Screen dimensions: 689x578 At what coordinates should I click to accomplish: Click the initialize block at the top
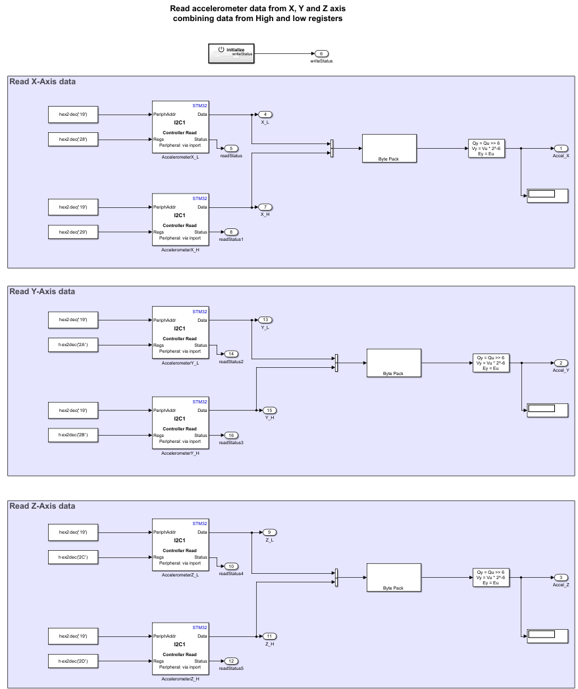[232, 53]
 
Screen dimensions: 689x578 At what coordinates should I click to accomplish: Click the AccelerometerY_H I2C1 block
[180, 422]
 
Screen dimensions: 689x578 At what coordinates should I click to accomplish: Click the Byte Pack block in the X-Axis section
[388, 148]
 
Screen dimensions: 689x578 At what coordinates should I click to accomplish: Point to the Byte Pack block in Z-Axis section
[393, 577]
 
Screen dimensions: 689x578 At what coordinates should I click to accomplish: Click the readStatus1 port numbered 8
[231, 232]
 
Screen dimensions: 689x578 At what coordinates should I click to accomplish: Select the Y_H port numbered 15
[269, 410]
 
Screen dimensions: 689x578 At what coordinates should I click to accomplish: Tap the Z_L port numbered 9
[269, 532]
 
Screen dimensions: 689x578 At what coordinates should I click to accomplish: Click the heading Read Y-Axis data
[42, 292]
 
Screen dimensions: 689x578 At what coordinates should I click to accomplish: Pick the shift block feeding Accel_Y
[491, 363]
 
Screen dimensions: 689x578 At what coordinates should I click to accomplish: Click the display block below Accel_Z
[546, 634]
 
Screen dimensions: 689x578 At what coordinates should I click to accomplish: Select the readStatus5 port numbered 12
[231, 661]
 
